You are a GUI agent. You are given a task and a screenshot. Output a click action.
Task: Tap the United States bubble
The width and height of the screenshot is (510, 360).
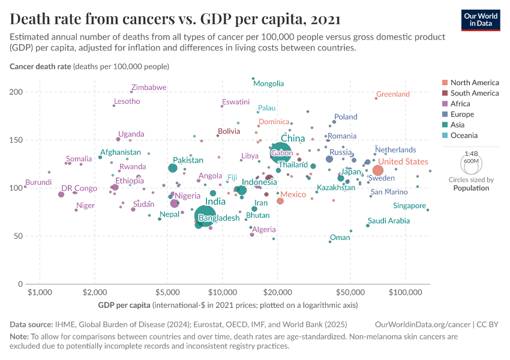pyautogui.click(x=377, y=170)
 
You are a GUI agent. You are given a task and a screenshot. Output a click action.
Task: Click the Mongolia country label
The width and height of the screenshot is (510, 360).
pyautogui.click(x=268, y=84)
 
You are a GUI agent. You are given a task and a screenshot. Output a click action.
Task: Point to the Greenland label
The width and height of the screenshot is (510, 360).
pyautogui.click(x=392, y=94)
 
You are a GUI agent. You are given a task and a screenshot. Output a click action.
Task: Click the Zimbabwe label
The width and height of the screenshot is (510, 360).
pyautogui.click(x=148, y=88)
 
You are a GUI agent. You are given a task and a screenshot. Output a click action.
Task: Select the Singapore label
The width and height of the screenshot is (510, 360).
pyautogui.click(x=409, y=206)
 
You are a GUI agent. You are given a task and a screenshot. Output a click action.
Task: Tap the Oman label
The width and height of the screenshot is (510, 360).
pyautogui.click(x=340, y=238)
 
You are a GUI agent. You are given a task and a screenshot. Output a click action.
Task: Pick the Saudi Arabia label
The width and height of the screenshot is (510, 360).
pyautogui.click(x=388, y=221)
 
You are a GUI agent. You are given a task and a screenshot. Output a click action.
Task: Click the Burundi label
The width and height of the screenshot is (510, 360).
pyautogui.click(x=38, y=182)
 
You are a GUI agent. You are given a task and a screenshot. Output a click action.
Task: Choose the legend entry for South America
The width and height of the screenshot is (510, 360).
pyautogui.click(x=474, y=93)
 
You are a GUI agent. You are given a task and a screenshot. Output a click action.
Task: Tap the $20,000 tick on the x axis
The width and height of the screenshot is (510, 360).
pyautogui.click(x=277, y=292)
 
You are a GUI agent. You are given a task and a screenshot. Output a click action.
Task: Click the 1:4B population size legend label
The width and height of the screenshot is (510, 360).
pyautogui.click(x=471, y=154)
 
